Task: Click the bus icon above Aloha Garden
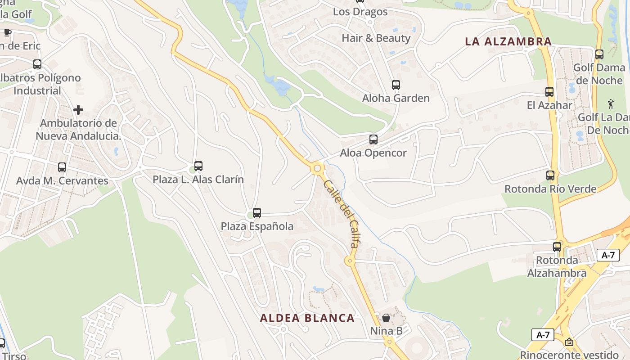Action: (x=396, y=85)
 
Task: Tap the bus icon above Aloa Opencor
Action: (x=373, y=139)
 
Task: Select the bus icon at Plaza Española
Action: (x=257, y=213)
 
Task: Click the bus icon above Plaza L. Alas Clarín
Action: (x=198, y=166)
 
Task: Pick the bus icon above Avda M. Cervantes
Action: (x=62, y=167)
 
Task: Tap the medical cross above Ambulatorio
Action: (x=78, y=110)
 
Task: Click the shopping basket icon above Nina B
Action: (x=386, y=318)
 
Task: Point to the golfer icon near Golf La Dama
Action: (x=611, y=104)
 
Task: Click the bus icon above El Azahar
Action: (x=549, y=92)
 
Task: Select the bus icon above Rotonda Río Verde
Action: (x=550, y=175)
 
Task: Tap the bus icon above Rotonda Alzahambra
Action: (x=557, y=247)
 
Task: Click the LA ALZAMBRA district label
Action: (x=508, y=42)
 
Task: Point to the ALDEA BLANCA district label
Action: (x=307, y=318)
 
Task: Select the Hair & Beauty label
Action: (x=376, y=38)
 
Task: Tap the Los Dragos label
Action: (x=360, y=12)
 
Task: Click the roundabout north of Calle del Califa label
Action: (x=317, y=169)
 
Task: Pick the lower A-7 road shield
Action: (x=543, y=335)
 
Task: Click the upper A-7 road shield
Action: (x=608, y=255)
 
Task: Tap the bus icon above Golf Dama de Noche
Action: (x=599, y=54)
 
